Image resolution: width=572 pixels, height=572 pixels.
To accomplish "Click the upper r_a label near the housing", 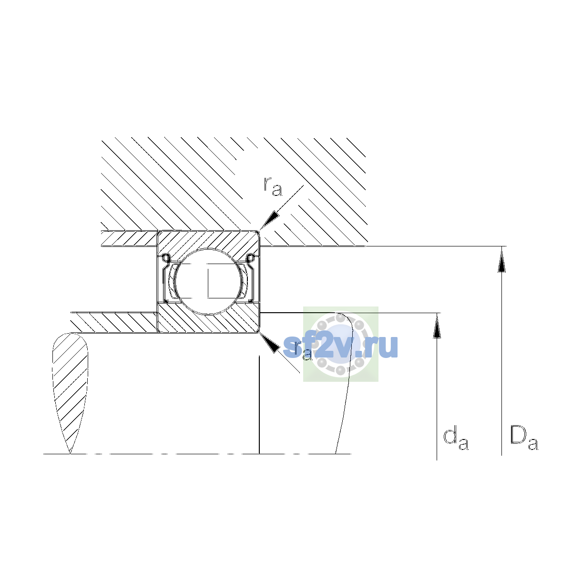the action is click(x=273, y=187).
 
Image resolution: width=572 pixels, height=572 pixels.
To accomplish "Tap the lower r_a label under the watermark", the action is click(x=303, y=351).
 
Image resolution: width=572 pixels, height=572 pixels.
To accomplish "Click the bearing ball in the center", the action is click(x=209, y=282).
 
